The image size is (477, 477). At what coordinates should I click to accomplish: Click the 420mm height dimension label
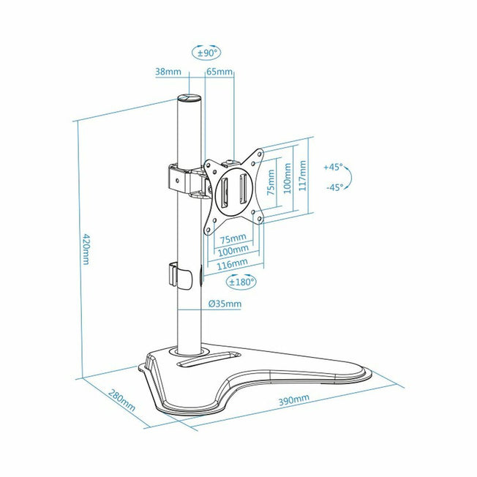86,249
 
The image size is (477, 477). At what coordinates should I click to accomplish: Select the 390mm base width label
294,399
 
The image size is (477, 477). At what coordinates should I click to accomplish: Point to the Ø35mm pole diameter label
225,304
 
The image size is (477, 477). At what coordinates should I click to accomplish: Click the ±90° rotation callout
206,53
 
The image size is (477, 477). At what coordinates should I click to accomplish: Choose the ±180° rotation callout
241,282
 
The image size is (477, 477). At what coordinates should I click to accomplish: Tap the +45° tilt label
333,167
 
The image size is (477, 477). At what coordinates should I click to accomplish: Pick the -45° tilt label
334,187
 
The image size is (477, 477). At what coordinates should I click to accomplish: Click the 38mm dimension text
168,72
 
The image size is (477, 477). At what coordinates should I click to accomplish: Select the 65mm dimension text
219,72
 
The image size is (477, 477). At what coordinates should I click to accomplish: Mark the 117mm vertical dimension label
302,176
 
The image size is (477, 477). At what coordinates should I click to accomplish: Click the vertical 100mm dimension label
288,179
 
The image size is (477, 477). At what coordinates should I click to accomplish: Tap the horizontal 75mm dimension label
233,238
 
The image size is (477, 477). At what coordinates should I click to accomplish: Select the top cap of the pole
189,98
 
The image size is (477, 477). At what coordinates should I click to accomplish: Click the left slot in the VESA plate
225,191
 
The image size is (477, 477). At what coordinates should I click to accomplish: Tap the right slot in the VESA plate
243,189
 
